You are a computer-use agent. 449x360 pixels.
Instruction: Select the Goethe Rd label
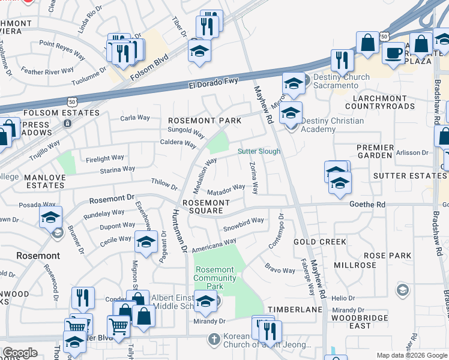(x=368, y=205)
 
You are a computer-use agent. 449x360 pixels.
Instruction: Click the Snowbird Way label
(x=244, y=224)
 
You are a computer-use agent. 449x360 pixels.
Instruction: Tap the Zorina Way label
(x=254, y=178)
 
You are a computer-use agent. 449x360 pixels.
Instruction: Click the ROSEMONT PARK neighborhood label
(x=204, y=121)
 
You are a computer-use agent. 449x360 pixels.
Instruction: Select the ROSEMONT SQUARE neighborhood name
(x=206, y=207)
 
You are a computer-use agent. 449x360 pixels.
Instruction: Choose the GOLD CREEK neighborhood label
(x=319, y=242)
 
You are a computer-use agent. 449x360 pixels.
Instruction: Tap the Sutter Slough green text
(x=259, y=151)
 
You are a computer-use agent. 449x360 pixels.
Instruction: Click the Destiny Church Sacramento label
(x=335, y=82)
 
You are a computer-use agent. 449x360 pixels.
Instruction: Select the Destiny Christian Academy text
(x=332, y=125)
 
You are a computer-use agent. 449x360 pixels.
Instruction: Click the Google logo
(x=20, y=353)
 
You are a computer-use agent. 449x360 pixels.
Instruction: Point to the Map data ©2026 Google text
(x=411, y=355)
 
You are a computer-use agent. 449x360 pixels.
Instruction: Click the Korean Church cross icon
(x=214, y=340)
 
